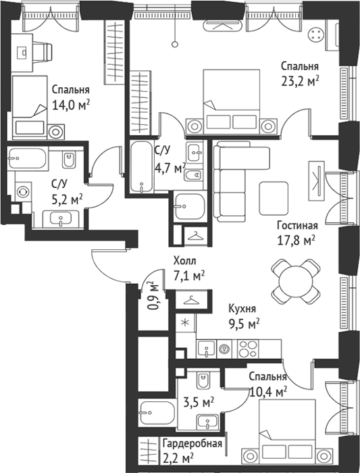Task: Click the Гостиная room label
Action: pyautogui.click(x=298, y=225)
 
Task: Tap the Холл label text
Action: pyautogui.click(x=184, y=261)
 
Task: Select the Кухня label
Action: pyautogui.click(x=242, y=309)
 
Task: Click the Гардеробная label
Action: pyautogui.click(x=192, y=443)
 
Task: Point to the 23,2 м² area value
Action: pyautogui.click(x=300, y=81)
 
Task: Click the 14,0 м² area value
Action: pyautogui.click(x=71, y=105)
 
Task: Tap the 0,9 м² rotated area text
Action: pyautogui.click(x=154, y=296)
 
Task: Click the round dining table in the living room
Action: pyautogui.click(x=296, y=281)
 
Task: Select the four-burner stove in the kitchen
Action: pyautogui.click(x=248, y=349)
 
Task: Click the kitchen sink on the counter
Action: pyautogui.click(x=206, y=349)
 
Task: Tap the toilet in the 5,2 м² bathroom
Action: pyautogui.click(x=69, y=159)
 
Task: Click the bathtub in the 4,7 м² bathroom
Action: pyautogui.click(x=142, y=166)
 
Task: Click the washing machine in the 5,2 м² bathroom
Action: pyautogui.click(x=23, y=191)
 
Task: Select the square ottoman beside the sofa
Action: pyautogui.click(x=274, y=198)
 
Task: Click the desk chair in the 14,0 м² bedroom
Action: pyautogui.click(x=42, y=52)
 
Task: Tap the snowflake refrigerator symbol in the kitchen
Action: pyautogui.click(x=186, y=323)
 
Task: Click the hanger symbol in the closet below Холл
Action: pyautogui.click(x=192, y=300)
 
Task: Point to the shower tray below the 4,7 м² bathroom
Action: pyautogui.click(x=190, y=207)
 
